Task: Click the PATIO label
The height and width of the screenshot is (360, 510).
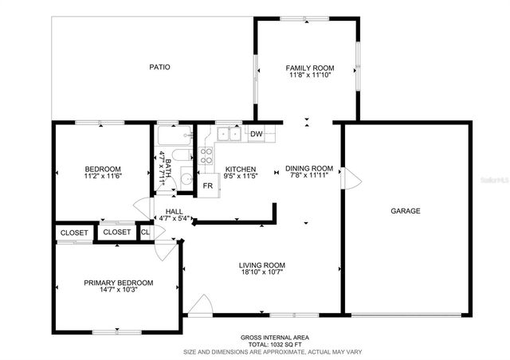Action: click(x=159, y=67)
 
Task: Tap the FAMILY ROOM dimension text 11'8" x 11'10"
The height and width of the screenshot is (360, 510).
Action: click(x=310, y=76)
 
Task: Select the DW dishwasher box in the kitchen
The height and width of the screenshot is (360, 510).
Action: click(x=256, y=134)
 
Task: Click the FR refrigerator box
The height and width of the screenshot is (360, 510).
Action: click(x=208, y=186)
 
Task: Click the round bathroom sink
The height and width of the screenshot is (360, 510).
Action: click(x=185, y=178)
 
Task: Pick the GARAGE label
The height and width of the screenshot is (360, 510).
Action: click(x=405, y=211)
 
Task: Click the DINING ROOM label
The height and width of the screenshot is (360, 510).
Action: click(x=309, y=169)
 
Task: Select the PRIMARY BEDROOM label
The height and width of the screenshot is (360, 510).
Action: click(x=119, y=283)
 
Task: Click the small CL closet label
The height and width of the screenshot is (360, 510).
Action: click(x=145, y=232)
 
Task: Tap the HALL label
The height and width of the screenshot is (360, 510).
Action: click(x=174, y=211)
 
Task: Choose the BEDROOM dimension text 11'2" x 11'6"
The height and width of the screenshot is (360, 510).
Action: click(x=103, y=177)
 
